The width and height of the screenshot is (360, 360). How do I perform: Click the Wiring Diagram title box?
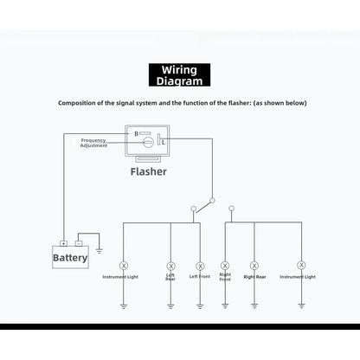[179, 75]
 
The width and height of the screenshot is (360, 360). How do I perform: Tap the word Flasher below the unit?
[149, 171]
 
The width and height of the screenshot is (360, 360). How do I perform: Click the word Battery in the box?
[70, 258]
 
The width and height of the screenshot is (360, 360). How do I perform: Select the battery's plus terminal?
[63, 243]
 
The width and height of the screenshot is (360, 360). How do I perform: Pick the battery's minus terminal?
[79, 243]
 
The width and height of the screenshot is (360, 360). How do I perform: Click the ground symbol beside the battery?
[99, 251]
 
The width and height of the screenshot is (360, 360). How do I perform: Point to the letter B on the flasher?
[137, 134]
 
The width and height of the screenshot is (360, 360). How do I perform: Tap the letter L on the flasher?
[164, 142]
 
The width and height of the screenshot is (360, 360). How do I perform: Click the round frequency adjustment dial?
[148, 142]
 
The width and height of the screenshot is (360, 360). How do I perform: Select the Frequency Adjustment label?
[93, 143]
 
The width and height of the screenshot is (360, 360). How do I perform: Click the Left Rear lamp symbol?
[170, 266]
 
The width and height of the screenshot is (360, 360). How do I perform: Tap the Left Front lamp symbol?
[200, 266]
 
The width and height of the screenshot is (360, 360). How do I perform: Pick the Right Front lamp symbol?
[225, 266]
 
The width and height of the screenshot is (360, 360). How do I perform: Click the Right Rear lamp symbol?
[254, 266]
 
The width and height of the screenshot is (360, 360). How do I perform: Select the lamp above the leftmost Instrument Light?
[124, 266]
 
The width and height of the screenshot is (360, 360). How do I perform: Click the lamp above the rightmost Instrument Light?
[301, 265]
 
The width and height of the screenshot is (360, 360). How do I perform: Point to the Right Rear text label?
[254, 277]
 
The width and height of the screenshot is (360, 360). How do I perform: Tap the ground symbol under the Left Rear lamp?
[170, 306]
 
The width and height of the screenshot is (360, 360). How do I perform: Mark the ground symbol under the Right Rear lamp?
[254, 305]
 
